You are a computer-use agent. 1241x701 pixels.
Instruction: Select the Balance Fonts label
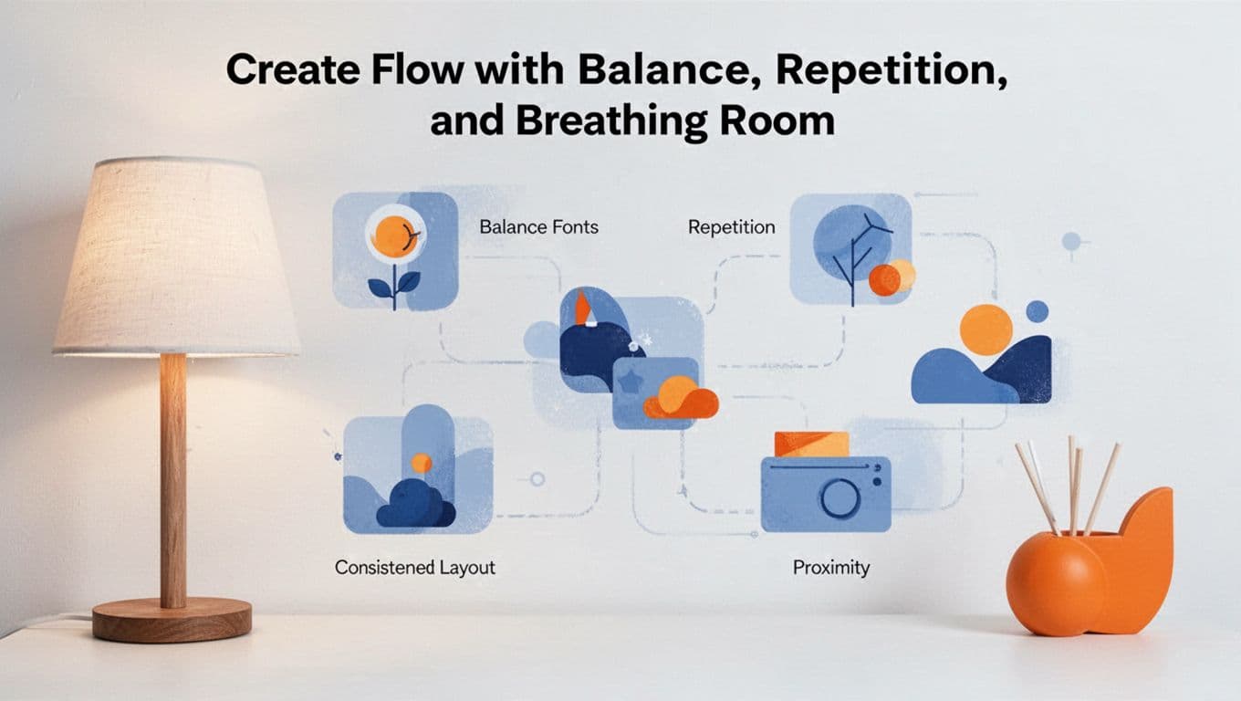(x=538, y=226)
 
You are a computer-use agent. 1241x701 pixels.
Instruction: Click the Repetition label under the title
(x=731, y=226)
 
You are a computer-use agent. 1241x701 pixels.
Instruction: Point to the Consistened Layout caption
(x=414, y=567)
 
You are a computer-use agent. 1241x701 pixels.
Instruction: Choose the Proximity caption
(x=830, y=568)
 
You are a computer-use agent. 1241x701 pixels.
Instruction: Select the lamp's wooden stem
(x=172, y=475)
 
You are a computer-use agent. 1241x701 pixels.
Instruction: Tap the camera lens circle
(x=839, y=498)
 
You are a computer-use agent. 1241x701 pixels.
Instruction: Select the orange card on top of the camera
(x=811, y=444)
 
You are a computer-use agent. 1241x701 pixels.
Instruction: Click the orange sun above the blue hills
(x=985, y=330)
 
